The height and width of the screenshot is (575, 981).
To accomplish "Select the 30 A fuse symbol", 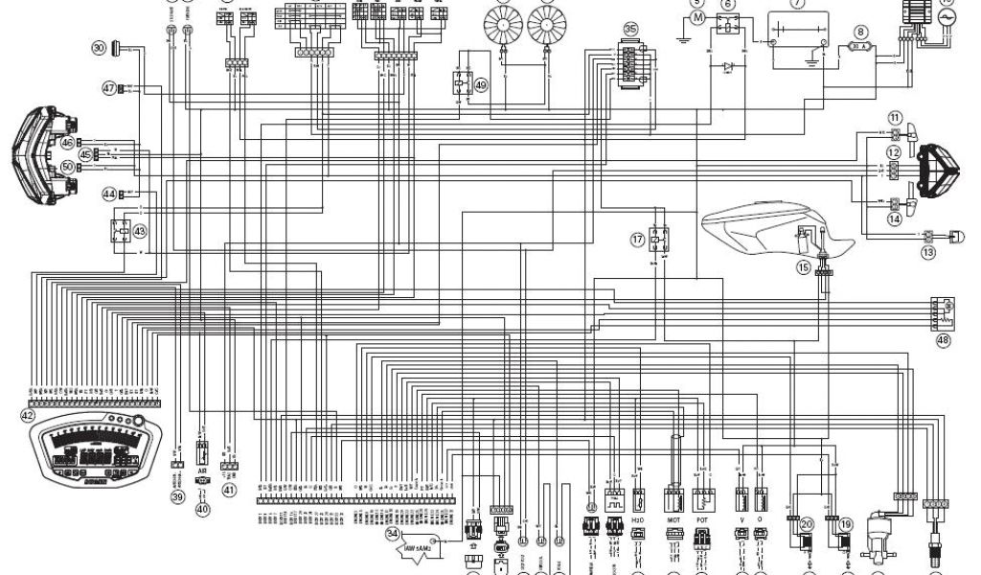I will pyautogui.click(x=858, y=46).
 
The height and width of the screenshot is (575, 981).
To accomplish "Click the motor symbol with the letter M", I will pyautogui.click(x=697, y=18).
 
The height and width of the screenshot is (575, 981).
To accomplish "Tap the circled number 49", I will pyautogui.click(x=480, y=84).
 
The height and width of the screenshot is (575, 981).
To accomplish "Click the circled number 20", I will pyautogui.click(x=807, y=524).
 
